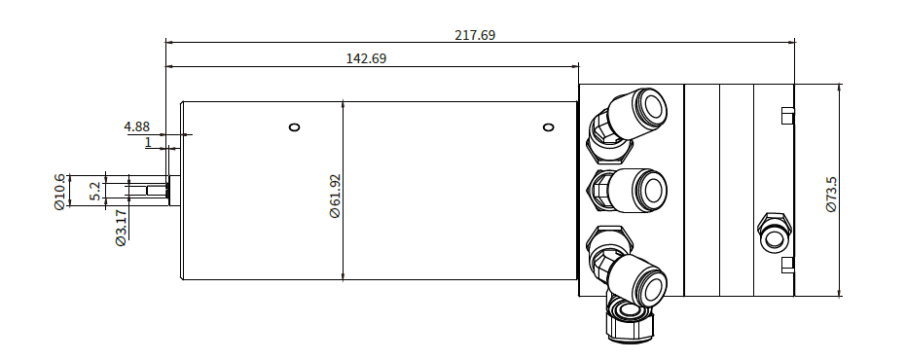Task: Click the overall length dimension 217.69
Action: (x=475, y=35)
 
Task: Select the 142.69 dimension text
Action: (x=366, y=58)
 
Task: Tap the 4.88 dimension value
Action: (x=137, y=126)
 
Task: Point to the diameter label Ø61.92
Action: (x=335, y=196)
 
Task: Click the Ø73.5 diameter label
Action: (x=831, y=195)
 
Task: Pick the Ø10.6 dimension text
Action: (x=59, y=192)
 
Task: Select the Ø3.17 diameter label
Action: (x=121, y=228)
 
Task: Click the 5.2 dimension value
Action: (x=96, y=191)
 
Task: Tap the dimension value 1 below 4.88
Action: (x=148, y=142)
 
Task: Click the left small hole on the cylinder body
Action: (x=294, y=127)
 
